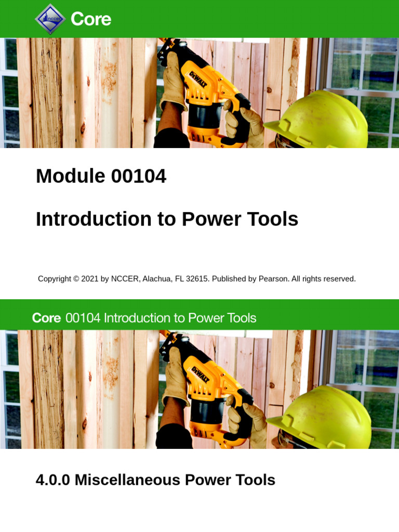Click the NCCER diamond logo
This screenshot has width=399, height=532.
(x=50, y=19)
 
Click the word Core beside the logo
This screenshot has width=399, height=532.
(x=91, y=19)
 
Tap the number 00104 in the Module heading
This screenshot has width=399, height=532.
(x=139, y=177)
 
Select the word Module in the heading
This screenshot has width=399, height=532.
(x=63, y=177)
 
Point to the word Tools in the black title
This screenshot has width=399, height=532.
(x=274, y=219)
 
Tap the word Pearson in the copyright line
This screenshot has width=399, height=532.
(x=273, y=279)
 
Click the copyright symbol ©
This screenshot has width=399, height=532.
(x=76, y=279)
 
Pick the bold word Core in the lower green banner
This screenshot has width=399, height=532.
(x=47, y=318)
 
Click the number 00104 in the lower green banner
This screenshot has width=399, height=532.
(x=83, y=318)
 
